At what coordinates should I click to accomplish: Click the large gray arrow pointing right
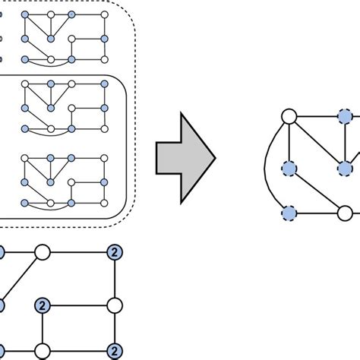click(x=185, y=159)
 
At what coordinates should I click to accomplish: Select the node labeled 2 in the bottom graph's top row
click(x=115, y=252)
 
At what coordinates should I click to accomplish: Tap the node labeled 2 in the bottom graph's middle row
click(x=43, y=306)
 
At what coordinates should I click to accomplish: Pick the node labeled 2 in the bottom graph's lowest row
click(x=115, y=350)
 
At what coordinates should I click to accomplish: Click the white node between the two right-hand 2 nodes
click(x=115, y=306)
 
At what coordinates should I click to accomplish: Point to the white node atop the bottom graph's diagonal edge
click(x=43, y=252)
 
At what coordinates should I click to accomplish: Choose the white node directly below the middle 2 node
click(x=43, y=350)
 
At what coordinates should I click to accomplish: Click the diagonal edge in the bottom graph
click(x=21, y=278)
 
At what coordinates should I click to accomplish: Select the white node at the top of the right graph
click(x=289, y=117)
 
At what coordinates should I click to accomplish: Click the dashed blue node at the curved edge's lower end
click(x=289, y=213)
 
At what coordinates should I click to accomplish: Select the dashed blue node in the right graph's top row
click(x=344, y=117)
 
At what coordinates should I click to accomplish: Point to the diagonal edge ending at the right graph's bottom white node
click(x=316, y=190)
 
